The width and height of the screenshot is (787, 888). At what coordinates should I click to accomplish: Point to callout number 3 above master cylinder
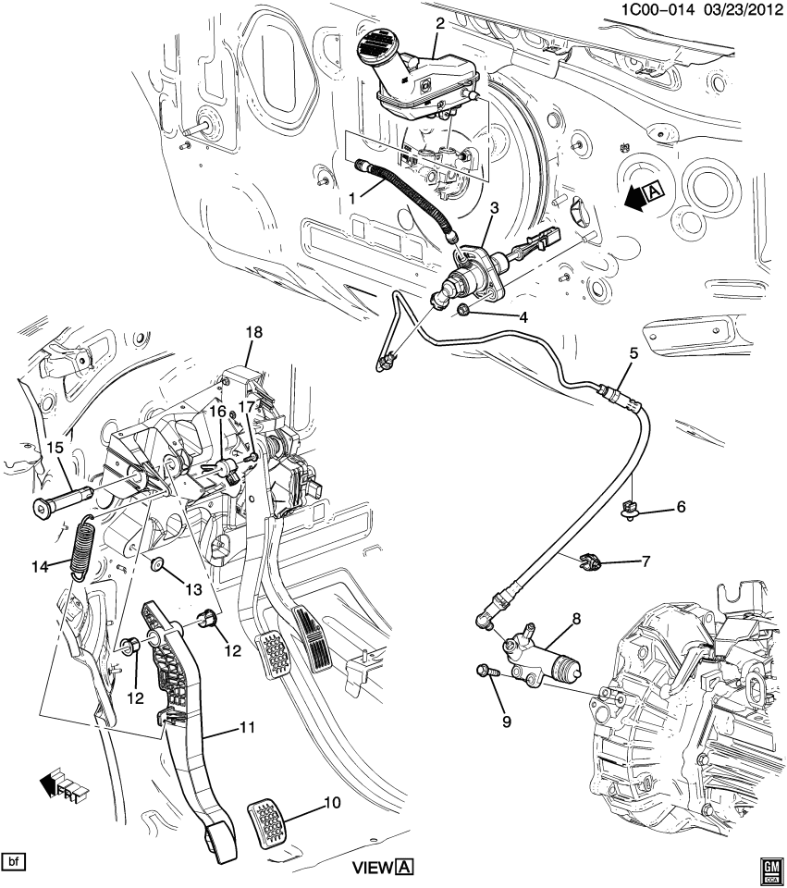[494, 210]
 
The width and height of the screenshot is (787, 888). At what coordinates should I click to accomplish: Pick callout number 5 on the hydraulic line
[633, 352]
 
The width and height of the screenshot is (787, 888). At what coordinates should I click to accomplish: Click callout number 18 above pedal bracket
[253, 332]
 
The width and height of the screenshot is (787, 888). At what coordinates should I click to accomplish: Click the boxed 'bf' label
[13, 863]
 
